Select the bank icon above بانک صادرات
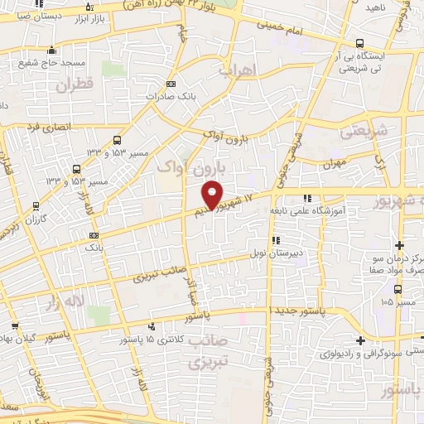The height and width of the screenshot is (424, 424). click(x=171, y=84)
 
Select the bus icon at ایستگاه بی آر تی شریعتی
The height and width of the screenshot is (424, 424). click(x=358, y=43)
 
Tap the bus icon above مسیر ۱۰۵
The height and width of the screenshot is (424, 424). click(x=399, y=290)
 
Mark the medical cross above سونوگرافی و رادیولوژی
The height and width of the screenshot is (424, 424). click(x=360, y=340)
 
